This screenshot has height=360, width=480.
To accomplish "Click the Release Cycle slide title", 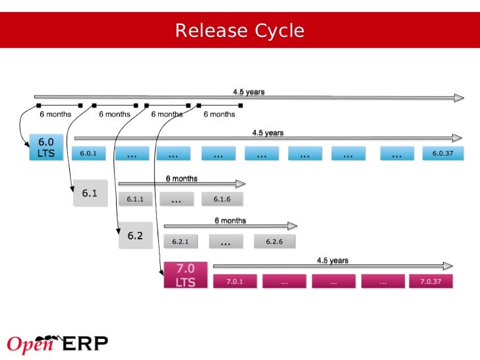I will (x=240, y=31).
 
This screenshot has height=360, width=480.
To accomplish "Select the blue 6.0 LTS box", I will (x=45, y=148).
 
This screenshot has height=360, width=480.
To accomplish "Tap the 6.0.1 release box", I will (x=88, y=154).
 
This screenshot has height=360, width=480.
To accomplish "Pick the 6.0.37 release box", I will (x=443, y=154).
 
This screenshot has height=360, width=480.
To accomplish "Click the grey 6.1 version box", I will (x=90, y=193).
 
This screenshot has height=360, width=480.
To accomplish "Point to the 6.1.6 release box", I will (x=222, y=198).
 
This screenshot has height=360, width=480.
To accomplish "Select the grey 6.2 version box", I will (x=135, y=235).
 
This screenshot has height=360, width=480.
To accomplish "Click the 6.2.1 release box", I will (x=181, y=241).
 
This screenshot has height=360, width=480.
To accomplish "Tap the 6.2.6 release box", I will (x=274, y=241).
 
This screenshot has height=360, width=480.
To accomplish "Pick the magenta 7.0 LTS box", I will (x=186, y=275).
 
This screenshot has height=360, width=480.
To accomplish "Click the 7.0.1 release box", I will (x=235, y=282).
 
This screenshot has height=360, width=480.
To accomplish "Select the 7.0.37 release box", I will (x=431, y=282).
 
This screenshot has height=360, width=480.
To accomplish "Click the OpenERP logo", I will (x=57, y=344).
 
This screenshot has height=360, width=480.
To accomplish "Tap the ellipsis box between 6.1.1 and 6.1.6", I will (x=176, y=198).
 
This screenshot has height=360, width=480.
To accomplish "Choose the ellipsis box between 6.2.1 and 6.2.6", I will (x=225, y=241).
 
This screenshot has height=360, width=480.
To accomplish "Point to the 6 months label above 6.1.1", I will (x=181, y=179).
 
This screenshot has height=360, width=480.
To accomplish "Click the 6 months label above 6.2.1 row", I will (x=230, y=221).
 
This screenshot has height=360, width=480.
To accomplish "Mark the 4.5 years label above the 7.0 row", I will (x=332, y=260).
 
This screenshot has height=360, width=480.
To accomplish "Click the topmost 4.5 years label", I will (x=249, y=92).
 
